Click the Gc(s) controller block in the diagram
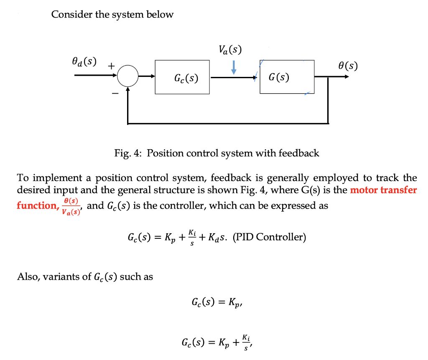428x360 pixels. (x=182, y=77)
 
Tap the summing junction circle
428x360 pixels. (x=127, y=77)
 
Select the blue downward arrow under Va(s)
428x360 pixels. (x=234, y=67)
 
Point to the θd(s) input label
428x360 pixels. (x=84, y=61)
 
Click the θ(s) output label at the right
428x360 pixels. (x=348, y=66)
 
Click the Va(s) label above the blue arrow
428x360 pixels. (x=230, y=50)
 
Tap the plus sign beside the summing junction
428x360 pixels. (x=111, y=66)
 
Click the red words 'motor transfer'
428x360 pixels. (x=383, y=190)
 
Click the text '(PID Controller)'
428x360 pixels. (x=270, y=237)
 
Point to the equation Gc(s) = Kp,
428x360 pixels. (x=217, y=301)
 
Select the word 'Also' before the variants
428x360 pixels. (x=27, y=277)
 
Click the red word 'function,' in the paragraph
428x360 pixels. (x=36, y=206)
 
